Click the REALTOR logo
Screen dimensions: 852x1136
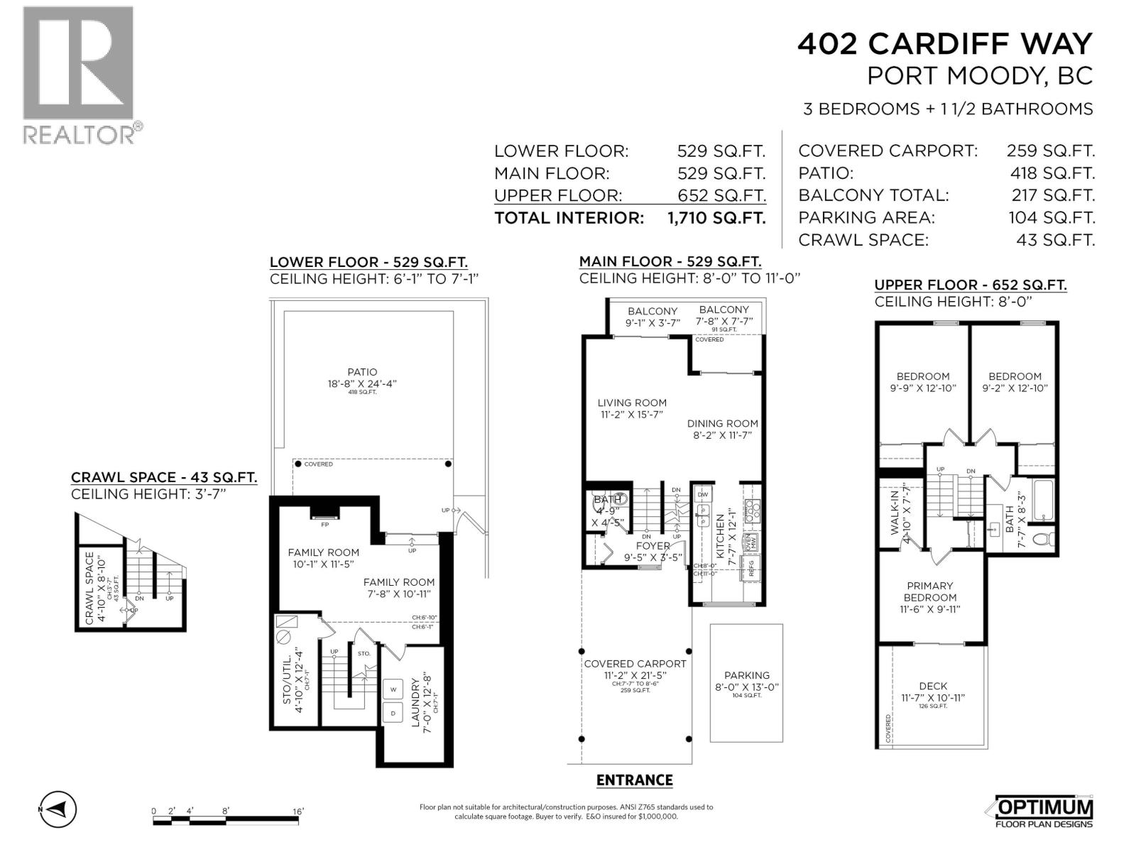pyautogui.click(x=78, y=75)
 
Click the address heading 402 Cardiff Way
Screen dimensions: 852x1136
pyautogui.click(x=944, y=44)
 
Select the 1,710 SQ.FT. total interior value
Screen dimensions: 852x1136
pyautogui.click(x=716, y=217)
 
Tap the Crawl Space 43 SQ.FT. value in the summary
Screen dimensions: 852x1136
pyautogui.click(x=1055, y=240)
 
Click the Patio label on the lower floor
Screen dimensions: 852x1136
pyautogui.click(x=362, y=372)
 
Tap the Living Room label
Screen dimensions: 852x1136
pyautogui.click(x=632, y=403)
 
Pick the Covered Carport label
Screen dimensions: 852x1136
pyautogui.click(x=635, y=664)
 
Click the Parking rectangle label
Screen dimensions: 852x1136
pyautogui.click(x=747, y=675)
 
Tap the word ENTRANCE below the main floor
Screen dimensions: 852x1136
pyautogui.click(x=634, y=780)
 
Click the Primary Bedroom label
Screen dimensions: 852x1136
pyautogui.click(x=930, y=591)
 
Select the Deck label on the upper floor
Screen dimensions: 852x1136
pyautogui.click(x=933, y=686)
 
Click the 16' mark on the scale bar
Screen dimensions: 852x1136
pyautogui.click(x=298, y=811)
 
